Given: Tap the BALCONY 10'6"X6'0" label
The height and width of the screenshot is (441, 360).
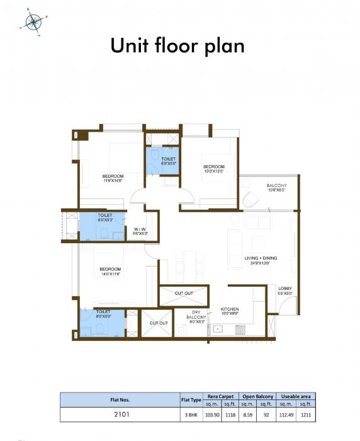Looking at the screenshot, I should click(x=276, y=188).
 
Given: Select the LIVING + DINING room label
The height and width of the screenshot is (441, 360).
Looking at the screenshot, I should click(x=261, y=261).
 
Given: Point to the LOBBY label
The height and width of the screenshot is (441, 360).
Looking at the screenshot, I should click(x=285, y=290).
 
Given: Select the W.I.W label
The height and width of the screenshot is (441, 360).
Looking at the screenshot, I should click(x=140, y=231).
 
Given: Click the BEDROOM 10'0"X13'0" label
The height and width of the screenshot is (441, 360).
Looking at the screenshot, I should click(x=213, y=168).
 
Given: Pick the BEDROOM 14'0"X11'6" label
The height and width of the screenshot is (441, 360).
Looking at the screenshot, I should click(x=110, y=272).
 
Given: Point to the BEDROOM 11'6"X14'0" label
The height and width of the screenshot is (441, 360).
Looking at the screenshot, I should click(x=113, y=177).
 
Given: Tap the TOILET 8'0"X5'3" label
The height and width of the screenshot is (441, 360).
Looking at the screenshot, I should click(x=104, y=217).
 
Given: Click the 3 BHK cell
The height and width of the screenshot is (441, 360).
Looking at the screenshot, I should click(x=191, y=415).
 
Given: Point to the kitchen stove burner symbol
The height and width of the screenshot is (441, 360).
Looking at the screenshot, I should click(x=239, y=329).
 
